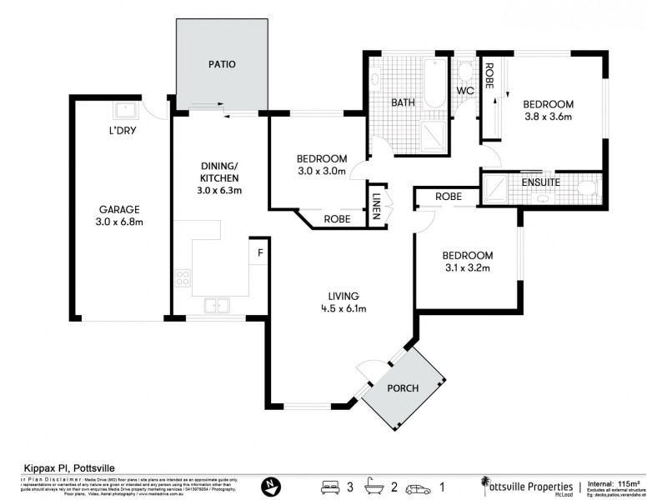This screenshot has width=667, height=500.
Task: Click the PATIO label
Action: click(221, 63)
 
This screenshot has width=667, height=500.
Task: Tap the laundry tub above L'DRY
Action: click(125, 109)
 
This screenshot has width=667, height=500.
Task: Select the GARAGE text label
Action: click(120, 209)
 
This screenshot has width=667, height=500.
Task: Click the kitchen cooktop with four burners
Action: click(183, 278)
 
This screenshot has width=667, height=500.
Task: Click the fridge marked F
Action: click(260, 252)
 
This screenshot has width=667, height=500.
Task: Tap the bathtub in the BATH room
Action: click(435, 83)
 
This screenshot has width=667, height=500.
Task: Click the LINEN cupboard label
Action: click(377, 205)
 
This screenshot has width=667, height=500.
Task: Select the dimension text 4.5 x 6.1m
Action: click(344, 308)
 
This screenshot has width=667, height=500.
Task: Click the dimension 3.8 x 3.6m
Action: click(548, 117)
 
